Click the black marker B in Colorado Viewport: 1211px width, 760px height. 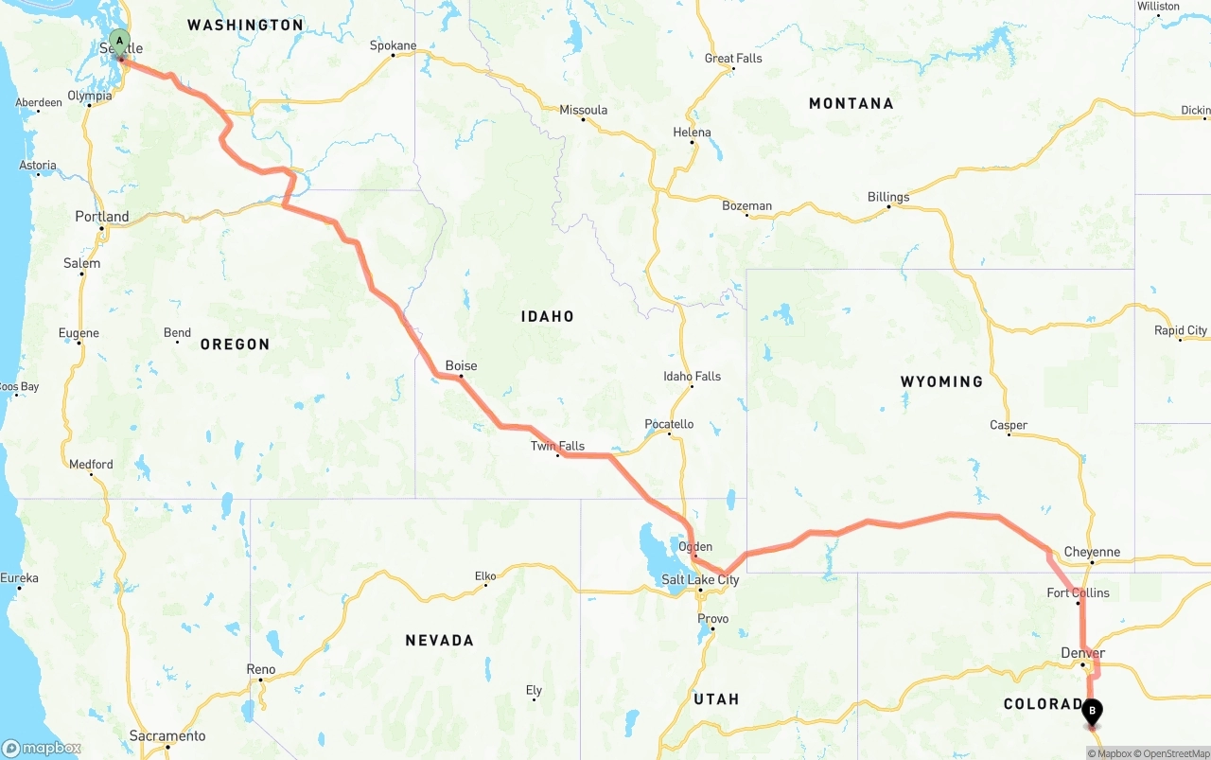(1092, 710)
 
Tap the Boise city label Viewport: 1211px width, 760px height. (461, 366)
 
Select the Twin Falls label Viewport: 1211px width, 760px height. (557, 446)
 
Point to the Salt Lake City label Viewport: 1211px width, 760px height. (700, 580)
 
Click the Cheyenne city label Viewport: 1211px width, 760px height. (1092, 552)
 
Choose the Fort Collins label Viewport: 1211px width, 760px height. (1078, 593)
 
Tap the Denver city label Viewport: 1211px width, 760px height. (1082, 653)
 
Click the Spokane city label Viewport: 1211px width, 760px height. (393, 45)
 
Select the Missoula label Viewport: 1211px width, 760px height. (583, 111)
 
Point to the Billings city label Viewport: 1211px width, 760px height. (888, 197)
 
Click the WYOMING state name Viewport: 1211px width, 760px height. (941, 381)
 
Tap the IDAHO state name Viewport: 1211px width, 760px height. (547, 316)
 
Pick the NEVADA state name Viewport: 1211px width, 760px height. (439, 641)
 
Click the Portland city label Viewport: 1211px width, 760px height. (102, 217)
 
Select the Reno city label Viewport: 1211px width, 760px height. (261, 669)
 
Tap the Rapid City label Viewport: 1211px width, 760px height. (1181, 330)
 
